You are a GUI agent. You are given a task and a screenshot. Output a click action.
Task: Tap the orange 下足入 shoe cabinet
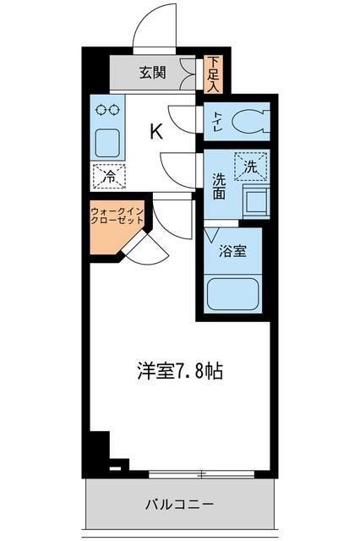click(213, 74)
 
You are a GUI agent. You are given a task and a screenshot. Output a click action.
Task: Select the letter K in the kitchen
click(155, 131)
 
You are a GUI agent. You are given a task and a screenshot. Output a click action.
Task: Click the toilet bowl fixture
click(247, 121)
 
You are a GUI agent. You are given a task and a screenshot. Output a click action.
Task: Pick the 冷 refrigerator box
click(109, 177)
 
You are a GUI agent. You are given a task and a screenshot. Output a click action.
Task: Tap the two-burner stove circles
click(108, 109)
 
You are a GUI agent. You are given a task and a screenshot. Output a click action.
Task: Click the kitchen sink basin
click(108, 141)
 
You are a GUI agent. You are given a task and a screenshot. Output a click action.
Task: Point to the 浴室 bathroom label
click(233, 251)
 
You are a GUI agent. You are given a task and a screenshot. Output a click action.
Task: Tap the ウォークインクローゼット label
click(116, 216)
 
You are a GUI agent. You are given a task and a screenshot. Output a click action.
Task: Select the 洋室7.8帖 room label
click(180, 370)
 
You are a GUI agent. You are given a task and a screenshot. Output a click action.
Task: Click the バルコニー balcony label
click(180, 505)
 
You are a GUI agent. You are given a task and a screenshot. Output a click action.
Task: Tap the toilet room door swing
click(183, 116)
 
